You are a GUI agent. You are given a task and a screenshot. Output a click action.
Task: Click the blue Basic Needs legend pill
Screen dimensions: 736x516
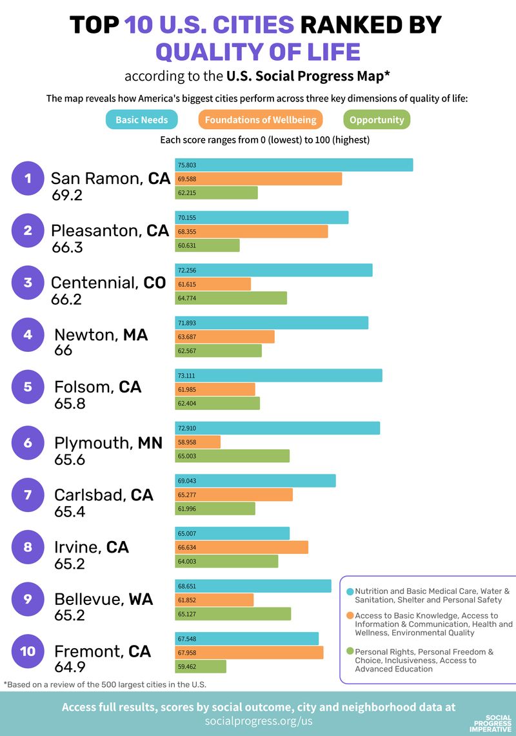[141, 120]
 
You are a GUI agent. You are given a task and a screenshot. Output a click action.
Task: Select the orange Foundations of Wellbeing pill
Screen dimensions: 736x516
[261, 120]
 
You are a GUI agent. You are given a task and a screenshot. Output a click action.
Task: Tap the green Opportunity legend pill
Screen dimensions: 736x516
[377, 120]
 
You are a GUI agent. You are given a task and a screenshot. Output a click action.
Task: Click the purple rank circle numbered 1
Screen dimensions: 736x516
[28, 178]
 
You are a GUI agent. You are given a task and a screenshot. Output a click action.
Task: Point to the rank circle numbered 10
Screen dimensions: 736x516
[28, 651]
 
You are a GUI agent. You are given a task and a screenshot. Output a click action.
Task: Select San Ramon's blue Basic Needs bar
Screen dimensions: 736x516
[294, 165]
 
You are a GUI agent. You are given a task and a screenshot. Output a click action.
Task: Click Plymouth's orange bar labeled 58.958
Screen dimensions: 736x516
[198, 442]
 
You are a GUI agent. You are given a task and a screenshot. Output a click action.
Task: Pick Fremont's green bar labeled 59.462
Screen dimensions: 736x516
[201, 666]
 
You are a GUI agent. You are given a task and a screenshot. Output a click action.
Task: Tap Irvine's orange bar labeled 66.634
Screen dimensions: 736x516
[242, 547]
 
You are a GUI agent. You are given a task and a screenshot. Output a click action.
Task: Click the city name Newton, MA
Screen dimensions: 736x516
[101, 335]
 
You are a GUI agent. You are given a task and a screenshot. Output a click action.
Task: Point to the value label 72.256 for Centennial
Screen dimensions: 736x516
[187, 271]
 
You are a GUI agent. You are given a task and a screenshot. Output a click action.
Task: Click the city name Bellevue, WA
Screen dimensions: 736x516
[103, 599]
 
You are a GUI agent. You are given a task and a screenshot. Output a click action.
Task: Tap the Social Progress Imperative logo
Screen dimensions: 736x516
[490, 724]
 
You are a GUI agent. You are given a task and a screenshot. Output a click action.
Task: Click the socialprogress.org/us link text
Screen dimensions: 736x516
[258, 721]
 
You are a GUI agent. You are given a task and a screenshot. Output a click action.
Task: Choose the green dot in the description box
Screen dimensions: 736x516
[350, 652]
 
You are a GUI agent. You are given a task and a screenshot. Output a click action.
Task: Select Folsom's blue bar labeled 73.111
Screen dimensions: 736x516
[279, 376]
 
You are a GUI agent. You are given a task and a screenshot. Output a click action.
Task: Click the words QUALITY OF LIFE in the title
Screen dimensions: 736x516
[258, 52]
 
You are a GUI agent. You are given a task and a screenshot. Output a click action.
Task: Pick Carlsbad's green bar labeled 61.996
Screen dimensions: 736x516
[215, 509]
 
